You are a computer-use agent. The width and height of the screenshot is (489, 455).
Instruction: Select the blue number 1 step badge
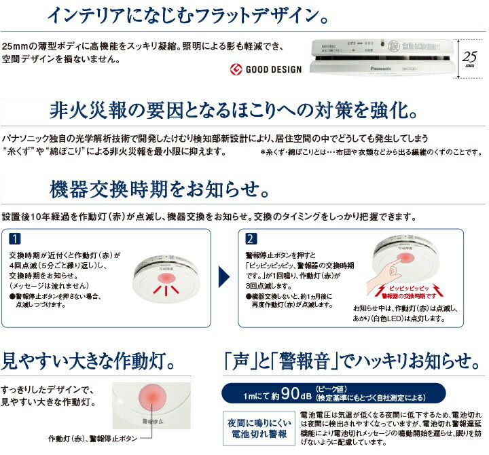(16, 239)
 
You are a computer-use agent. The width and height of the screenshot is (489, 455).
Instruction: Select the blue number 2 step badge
(251, 239)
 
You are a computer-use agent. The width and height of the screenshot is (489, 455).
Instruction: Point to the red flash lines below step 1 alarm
(165, 290)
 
